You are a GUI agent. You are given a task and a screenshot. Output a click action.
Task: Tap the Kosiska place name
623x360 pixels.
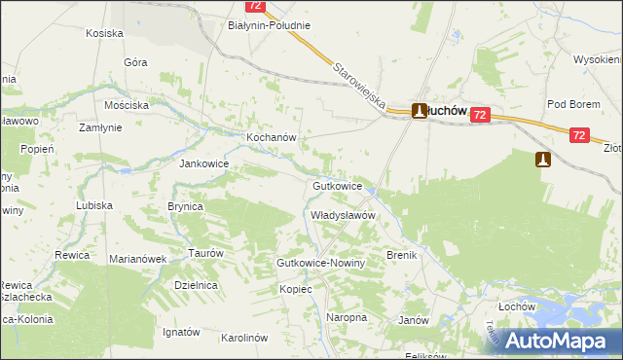tap(104, 33)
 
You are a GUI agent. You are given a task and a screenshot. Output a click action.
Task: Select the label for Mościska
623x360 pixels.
tap(128, 104)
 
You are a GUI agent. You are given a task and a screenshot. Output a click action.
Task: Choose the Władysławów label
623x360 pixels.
tap(343, 215)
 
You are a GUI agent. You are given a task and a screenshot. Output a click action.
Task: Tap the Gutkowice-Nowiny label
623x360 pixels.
tap(320, 264)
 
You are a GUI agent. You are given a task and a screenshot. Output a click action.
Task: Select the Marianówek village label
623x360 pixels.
tap(139, 259)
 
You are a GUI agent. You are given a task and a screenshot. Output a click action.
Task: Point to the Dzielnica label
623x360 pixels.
tap(194, 285)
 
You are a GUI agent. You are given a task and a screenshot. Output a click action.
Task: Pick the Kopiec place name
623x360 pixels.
tap(295, 289)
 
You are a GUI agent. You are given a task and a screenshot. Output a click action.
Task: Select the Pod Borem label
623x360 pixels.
tap(570, 104)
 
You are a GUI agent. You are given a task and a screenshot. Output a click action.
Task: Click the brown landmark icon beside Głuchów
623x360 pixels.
tap(420, 111)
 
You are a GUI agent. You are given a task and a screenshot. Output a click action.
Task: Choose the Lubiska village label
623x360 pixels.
tap(95, 206)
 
